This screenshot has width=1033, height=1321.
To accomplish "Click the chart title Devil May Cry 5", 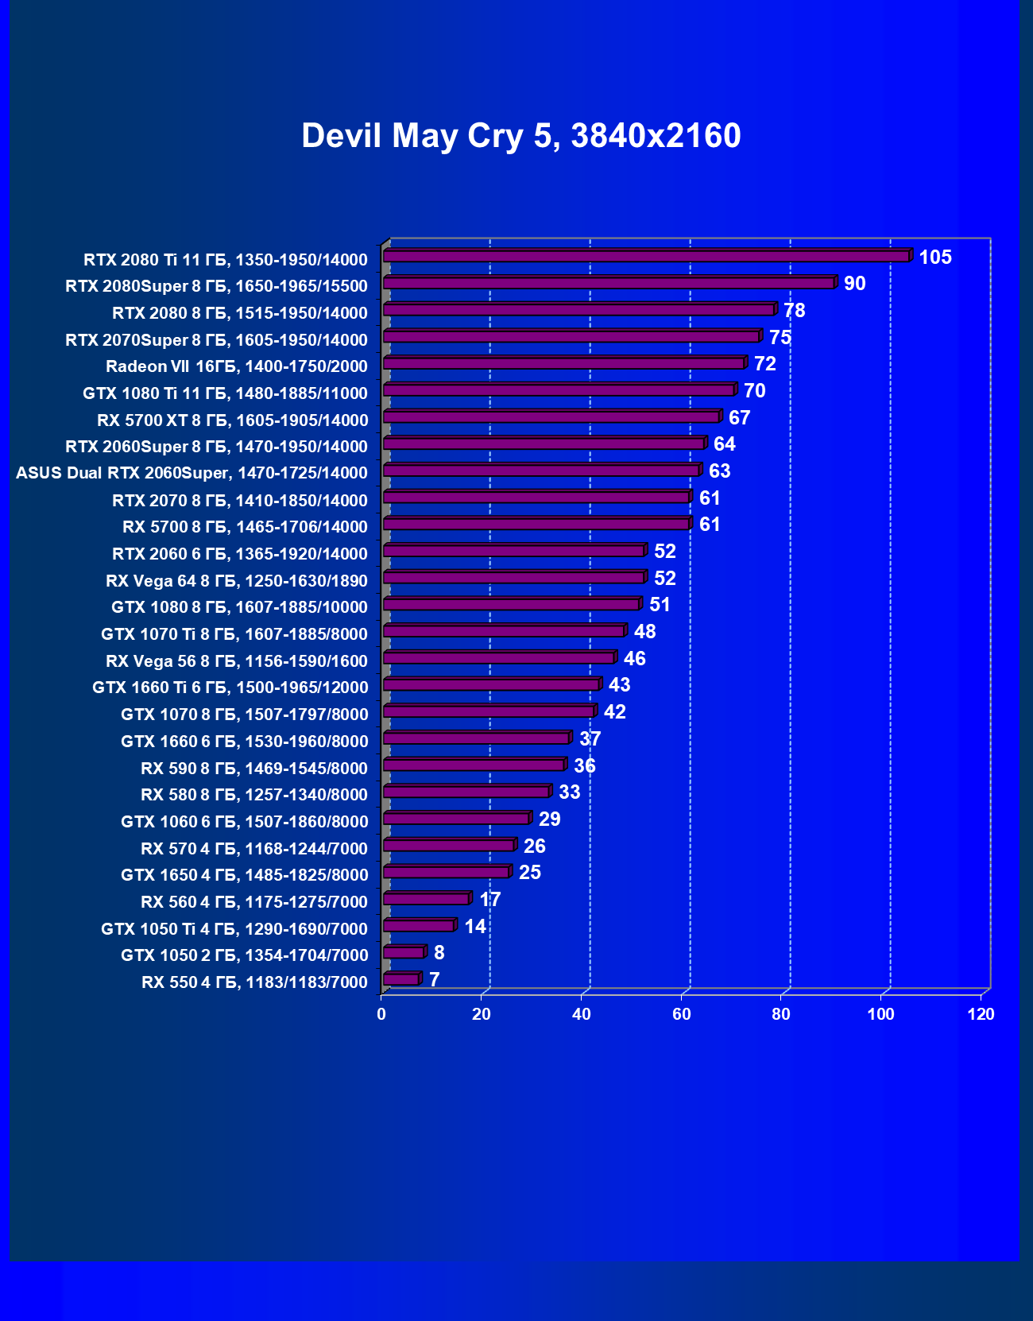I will coord(520,136).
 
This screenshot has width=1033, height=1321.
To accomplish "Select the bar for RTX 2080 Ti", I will coord(646,256).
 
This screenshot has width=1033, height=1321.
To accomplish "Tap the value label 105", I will coord(934,257).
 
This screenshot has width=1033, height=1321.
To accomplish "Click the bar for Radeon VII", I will coord(563,363).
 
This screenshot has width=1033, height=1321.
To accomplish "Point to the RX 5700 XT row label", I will coord(232,420).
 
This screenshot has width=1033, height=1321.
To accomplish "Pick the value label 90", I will coord(854,284).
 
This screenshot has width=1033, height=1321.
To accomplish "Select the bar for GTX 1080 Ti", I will coord(559,390).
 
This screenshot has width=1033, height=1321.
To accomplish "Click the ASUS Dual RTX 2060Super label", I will coord(192,473).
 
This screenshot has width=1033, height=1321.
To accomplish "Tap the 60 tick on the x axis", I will coord(681,1014).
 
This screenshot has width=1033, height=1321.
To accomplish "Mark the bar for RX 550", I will coord(401,979).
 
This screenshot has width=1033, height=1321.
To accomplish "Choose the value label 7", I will coord(434,980).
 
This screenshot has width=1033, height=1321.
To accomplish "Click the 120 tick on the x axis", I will coord(981,1014).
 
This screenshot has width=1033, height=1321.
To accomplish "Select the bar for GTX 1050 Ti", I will coord(419,926).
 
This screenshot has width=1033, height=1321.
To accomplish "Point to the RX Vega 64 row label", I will coord(236,580).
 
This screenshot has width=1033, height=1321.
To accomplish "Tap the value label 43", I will coord(619,685).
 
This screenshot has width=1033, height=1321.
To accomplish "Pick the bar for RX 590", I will coord(474,765).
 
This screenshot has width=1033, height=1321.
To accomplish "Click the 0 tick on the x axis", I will coord(381,1014).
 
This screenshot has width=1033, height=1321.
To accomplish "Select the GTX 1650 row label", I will coord(244,875).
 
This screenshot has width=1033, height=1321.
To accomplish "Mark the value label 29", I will coord(549,819).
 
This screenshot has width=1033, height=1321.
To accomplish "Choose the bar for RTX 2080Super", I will coord(609,283).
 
